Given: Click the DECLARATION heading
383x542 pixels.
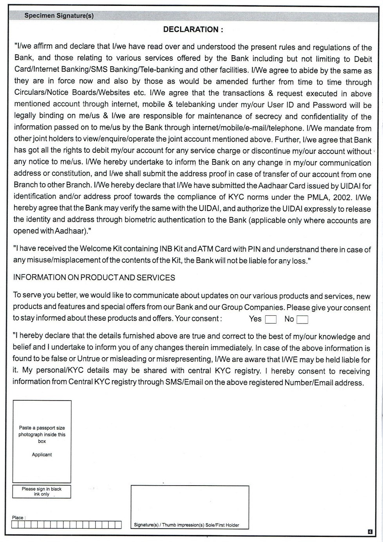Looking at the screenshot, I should tap(193, 30).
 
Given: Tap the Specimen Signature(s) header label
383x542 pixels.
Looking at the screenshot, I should tap(59, 16).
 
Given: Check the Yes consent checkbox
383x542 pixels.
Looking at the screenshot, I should tap(271, 320).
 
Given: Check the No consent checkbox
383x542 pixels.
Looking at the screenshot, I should tap(302, 320).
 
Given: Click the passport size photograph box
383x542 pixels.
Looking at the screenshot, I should tap(42, 441).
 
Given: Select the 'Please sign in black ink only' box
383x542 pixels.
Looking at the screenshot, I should tap(42, 491).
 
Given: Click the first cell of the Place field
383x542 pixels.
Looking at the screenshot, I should tap(15, 525).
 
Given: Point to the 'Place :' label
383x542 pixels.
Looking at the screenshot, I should tap(18, 517).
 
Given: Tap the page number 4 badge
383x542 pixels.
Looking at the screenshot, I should tap(370, 531).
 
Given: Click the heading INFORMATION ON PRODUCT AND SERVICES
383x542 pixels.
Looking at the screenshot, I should tap(94, 278).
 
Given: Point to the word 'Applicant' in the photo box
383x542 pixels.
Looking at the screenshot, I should tap(42, 455).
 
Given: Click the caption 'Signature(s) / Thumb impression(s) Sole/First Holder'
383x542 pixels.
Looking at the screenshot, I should tap(186, 525).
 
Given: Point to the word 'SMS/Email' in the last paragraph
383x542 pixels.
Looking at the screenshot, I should tap(184, 382).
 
